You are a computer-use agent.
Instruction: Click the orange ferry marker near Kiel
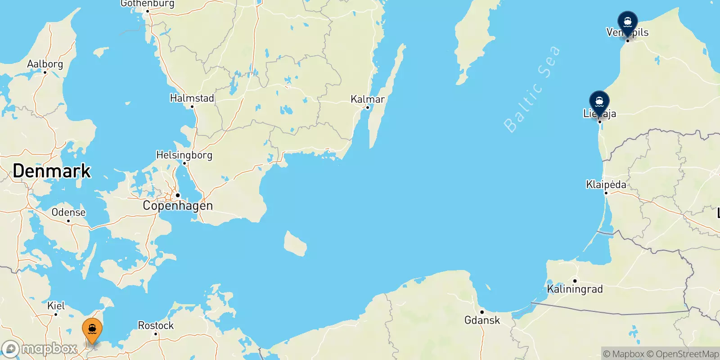[92, 330]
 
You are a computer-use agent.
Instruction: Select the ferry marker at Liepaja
[599, 102]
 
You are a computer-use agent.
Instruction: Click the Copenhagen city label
[178, 206]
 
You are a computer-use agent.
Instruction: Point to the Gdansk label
[482, 320]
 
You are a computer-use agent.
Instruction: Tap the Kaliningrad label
[575, 289]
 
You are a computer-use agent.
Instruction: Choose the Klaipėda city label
[606, 184]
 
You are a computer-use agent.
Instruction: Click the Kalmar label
[368, 99]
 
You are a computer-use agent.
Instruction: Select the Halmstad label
[192, 98]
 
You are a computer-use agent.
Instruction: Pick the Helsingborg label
[184, 155]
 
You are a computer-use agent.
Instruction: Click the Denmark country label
[52, 171]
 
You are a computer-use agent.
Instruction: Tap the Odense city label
[68, 212]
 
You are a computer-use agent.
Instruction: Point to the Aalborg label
[45, 64]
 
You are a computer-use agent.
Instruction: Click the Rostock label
[156, 325]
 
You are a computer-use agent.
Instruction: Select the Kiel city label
[56, 306]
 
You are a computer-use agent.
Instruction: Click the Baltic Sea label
[532, 89]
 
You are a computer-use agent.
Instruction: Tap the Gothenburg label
[147, 4]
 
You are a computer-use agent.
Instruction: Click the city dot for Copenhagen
[178, 195]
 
